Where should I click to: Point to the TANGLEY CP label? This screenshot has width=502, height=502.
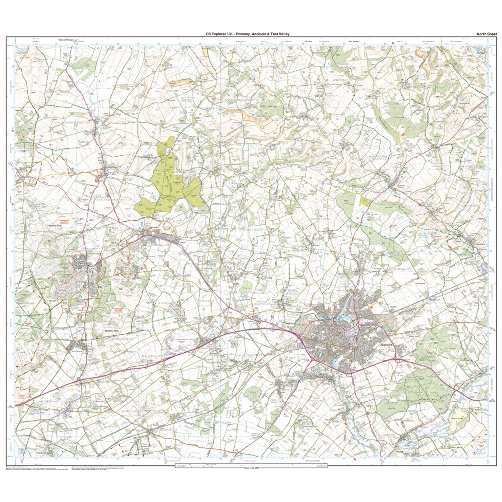tap(316, 219)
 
